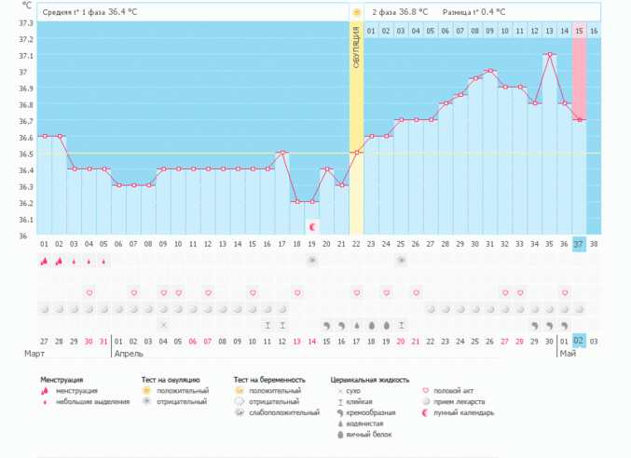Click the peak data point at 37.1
549,54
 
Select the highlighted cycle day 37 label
579,244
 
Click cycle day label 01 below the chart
44,244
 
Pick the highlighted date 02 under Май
579,342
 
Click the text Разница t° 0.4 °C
473,12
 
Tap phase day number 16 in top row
594,31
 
